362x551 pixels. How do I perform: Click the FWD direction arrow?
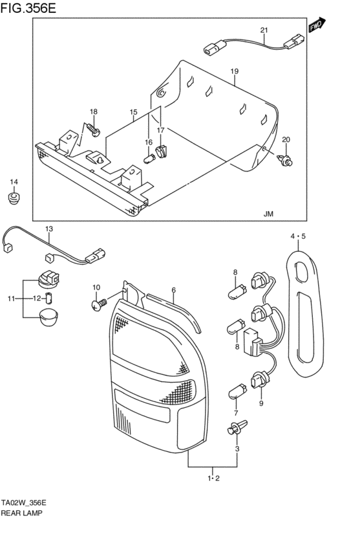317,25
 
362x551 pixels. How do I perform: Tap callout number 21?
264,30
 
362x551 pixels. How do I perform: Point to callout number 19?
235,71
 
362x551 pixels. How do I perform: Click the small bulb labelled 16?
149,158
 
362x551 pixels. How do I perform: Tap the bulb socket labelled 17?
162,152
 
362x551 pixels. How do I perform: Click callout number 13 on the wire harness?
49,229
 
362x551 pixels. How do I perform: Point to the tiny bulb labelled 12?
50,298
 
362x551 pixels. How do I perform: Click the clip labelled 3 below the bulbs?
237,427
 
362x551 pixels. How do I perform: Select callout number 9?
261,403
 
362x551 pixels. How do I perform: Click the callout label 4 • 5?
298,236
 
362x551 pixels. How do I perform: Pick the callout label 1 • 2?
213,478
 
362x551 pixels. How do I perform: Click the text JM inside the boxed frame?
268,214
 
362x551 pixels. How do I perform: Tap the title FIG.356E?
28,8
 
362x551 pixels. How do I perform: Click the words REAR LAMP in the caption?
22,513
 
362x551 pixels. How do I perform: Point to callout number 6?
174,290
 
